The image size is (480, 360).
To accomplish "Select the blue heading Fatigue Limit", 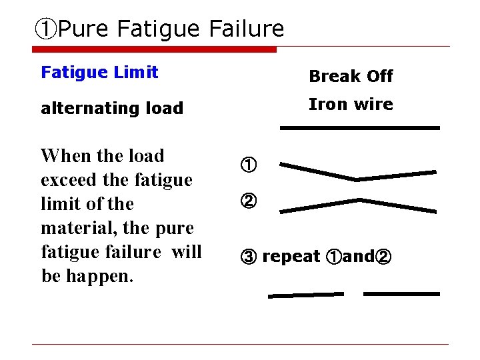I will coord(99,72).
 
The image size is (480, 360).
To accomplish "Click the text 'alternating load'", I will coord(112,108).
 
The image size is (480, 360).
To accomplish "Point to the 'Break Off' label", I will coord(351,76).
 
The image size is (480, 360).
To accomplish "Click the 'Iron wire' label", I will coord(351,104).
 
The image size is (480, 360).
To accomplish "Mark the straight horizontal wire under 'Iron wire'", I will coord(360,127).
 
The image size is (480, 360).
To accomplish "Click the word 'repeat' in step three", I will coord(291,257).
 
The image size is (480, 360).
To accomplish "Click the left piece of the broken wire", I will coord(306,295).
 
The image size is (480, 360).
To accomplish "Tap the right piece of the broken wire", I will coord(401,293).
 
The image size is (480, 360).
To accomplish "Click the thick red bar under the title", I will coord(154,49).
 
